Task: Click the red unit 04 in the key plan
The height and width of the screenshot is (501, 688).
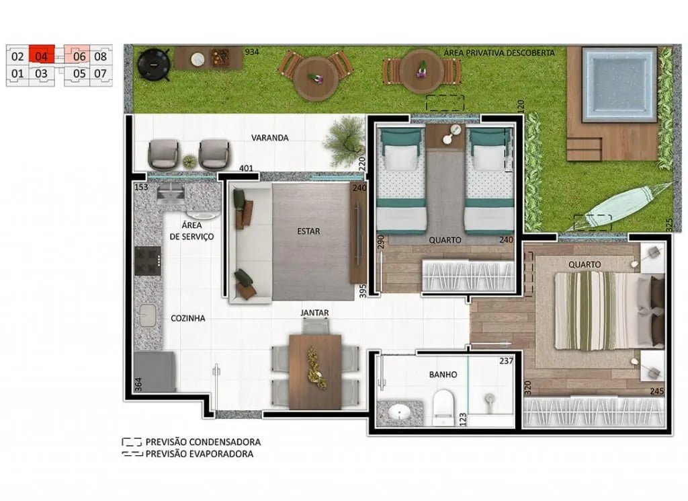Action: pyautogui.click(x=41, y=56)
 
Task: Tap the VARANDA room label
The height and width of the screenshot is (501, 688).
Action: pyautogui.click(x=269, y=138)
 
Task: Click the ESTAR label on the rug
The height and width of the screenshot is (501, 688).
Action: pyautogui.click(x=308, y=231)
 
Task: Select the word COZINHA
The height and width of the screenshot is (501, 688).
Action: pyautogui.click(x=187, y=318)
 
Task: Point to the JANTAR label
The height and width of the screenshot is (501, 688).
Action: pyautogui.click(x=314, y=313)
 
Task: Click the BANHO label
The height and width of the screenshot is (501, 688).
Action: pyautogui.click(x=443, y=375)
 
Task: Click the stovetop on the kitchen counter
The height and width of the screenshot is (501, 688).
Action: pyautogui.click(x=148, y=261)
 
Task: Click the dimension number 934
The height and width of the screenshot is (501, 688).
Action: pyautogui.click(x=252, y=52)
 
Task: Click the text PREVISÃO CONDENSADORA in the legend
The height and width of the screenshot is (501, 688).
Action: pyautogui.click(x=202, y=442)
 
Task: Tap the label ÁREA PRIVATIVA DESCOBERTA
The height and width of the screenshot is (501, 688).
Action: pyautogui.click(x=498, y=52)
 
